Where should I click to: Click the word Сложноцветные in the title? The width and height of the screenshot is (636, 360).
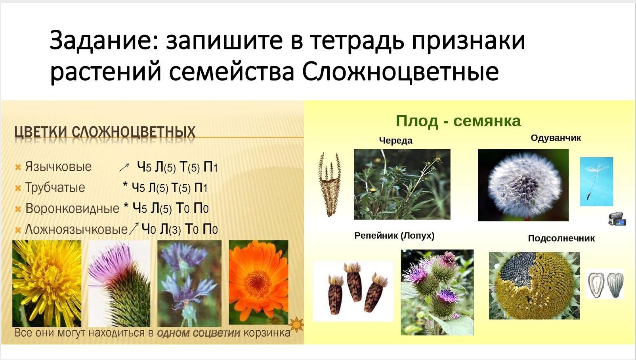pos(400,71)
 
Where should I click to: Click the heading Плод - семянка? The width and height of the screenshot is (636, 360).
pos(458,122)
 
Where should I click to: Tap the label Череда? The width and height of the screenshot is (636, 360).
pos(395,141)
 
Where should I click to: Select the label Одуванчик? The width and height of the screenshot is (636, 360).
pos(556,138)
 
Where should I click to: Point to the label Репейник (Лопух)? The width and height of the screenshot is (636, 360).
pos(394,236)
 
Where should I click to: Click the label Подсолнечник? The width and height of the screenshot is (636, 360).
pos(562,238)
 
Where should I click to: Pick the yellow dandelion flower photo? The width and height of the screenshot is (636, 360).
pos(47,284)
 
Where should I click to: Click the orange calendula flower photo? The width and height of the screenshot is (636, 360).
pos(259,282)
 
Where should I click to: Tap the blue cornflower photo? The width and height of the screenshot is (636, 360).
pos(189,284)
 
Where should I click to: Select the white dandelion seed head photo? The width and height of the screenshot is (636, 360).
pos(523,185)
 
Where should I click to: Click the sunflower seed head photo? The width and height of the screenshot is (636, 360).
pos(534,286)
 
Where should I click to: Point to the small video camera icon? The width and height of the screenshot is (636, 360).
pos(617,219)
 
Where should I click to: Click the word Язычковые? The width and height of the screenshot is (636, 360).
pos(58,167)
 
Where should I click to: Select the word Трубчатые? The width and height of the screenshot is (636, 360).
pos(55,187)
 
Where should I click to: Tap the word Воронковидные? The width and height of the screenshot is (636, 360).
pos(72,208)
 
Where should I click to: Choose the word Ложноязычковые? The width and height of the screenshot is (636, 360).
pos(76,229)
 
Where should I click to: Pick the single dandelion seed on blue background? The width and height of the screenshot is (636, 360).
pos(596,181)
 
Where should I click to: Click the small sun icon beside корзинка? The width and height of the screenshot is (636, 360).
pos(296,324)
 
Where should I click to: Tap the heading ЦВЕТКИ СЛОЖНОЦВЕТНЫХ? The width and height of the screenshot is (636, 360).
pos(105,133)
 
